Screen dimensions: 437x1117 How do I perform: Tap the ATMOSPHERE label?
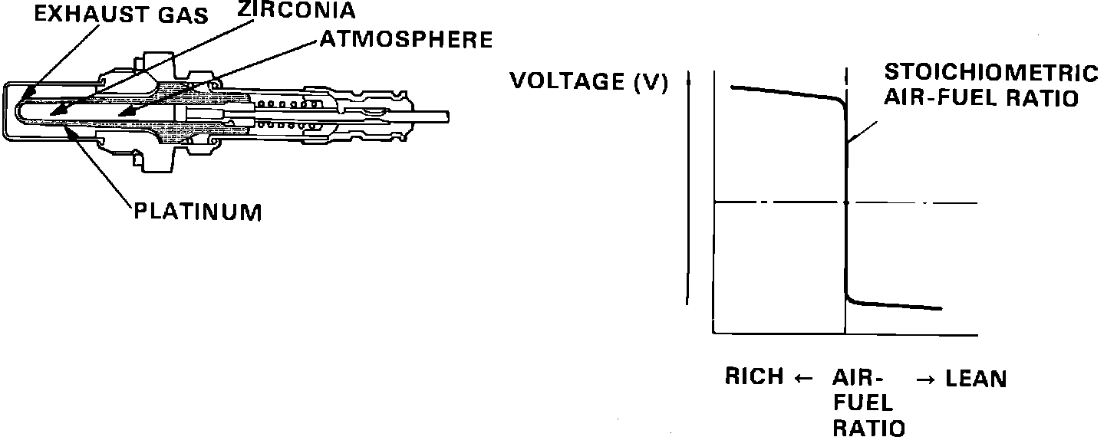coord(406,39)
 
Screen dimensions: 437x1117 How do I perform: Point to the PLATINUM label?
coord(198,211)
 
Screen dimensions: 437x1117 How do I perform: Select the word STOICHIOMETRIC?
coord(991,74)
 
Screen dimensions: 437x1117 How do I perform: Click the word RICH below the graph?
coord(755,377)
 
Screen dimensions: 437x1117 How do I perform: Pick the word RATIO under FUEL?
coord(868,427)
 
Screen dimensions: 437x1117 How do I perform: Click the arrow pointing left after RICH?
coord(802,377)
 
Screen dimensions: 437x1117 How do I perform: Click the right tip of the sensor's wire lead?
coord(447,117)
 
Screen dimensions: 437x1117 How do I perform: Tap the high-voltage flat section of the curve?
coord(783,92)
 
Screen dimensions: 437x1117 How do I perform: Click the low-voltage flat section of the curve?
coord(898,305)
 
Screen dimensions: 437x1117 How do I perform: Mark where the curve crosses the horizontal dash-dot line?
coord(846,202)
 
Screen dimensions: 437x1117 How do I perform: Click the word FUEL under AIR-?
coord(863,402)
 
